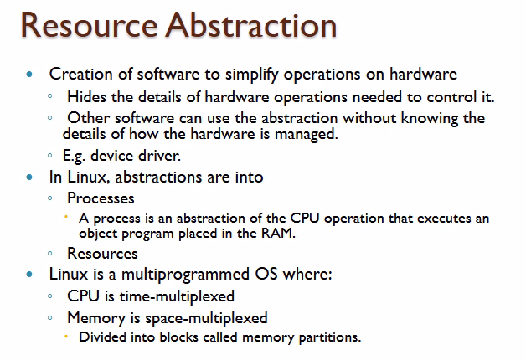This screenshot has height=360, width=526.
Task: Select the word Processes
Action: click(x=101, y=198)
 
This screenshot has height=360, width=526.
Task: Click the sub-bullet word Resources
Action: click(x=102, y=253)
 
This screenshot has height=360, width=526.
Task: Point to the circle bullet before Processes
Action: click(x=51, y=199)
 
